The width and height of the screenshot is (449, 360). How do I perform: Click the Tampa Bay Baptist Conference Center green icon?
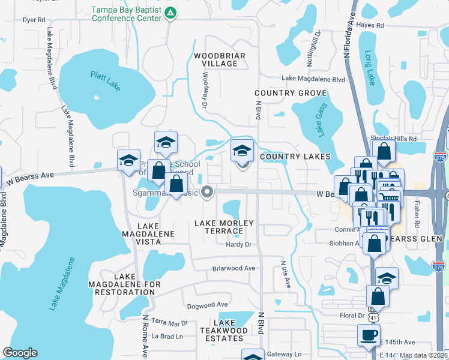coord(170,12)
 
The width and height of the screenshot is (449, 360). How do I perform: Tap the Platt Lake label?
coord(106,81)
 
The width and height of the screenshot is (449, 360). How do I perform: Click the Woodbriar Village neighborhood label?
coord(219,59)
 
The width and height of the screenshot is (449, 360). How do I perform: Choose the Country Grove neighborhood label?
coord(291,93)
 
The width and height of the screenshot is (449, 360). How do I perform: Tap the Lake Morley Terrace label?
coord(224,227)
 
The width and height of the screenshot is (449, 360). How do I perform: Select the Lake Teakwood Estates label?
coord(223,331)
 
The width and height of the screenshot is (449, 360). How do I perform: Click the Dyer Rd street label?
coord(34,20)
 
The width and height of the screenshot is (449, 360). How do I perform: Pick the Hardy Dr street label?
coord(238,244)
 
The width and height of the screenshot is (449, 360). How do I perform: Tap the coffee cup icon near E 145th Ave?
coord(369,334)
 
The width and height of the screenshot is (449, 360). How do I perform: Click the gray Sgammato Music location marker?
coord(208,192)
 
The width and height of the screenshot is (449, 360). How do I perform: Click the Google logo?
coord(20,353)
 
